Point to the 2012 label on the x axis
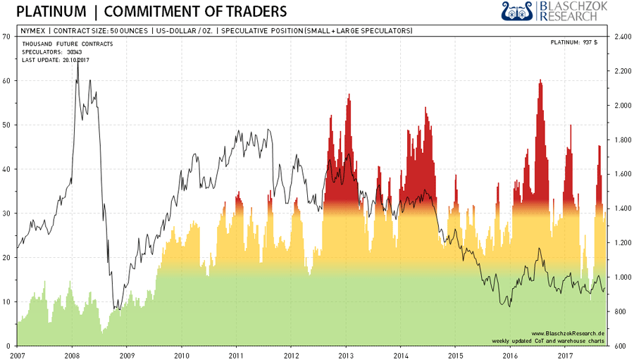point(290,354)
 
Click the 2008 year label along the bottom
point(71,354)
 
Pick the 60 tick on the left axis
point(7,80)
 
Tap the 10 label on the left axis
point(7,302)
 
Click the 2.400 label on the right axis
point(623,37)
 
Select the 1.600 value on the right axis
point(623,174)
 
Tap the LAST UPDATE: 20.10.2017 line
point(56,59)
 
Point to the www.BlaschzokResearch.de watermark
point(568,333)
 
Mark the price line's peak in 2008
point(77,62)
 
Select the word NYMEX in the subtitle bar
point(32,30)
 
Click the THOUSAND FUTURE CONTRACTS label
point(62,44)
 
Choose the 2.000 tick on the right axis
point(623,105)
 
